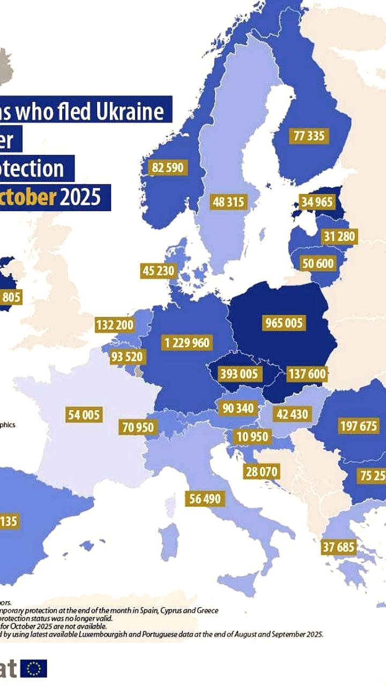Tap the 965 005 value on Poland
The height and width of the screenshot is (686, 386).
tap(284, 323)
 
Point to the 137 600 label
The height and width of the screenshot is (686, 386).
tap(307, 374)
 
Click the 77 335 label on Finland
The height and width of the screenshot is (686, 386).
tap(308, 136)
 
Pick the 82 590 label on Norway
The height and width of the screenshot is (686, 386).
tap(167, 168)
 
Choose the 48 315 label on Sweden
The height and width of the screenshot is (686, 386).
tap(228, 202)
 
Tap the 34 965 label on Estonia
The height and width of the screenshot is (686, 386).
tap(317, 203)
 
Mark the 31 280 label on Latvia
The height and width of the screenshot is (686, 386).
tap(339, 236)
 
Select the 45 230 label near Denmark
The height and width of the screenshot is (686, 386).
tap(159, 271)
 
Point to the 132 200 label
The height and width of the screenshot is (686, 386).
tap(115, 325)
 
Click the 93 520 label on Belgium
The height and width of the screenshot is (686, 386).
tap(130, 357)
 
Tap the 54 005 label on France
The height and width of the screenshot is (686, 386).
tap(84, 415)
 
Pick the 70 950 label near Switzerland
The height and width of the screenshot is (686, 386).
tap(138, 428)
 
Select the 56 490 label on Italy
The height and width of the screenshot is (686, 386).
tap(205, 499)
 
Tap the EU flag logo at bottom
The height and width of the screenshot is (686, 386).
tap(35, 668)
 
